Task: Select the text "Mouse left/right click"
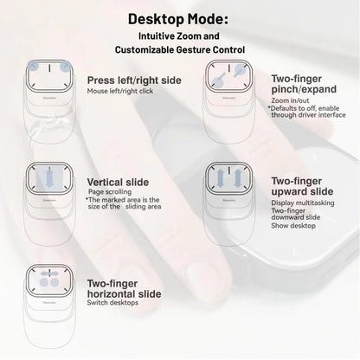(x=119, y=92)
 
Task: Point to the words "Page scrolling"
(x=108, y=192)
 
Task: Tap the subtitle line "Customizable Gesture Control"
(x=180, y=53)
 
